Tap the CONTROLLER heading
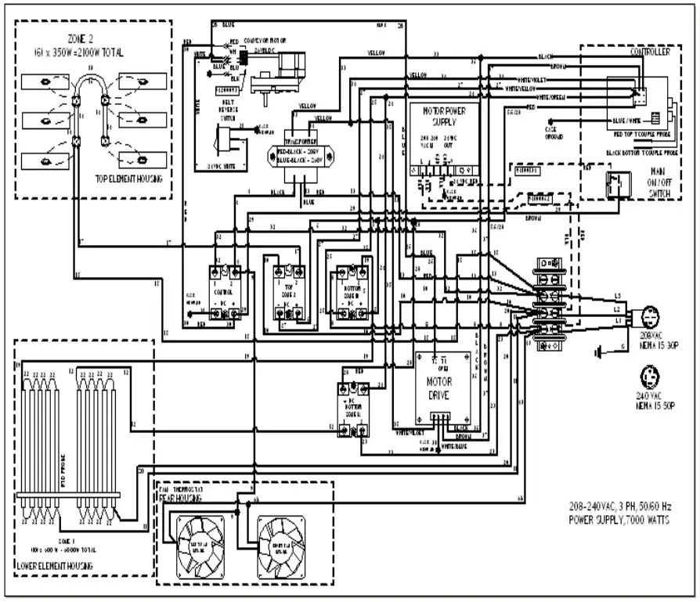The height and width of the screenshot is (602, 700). pyautogui.click(x=649, y=53)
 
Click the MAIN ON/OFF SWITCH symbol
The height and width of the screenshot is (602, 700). pyautogui.click(x=615, y=185)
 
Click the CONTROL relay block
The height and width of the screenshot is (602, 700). pyautogui.click(x=223, y=294)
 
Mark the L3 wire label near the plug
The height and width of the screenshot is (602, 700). pyautogui.click(x=618, y=295)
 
